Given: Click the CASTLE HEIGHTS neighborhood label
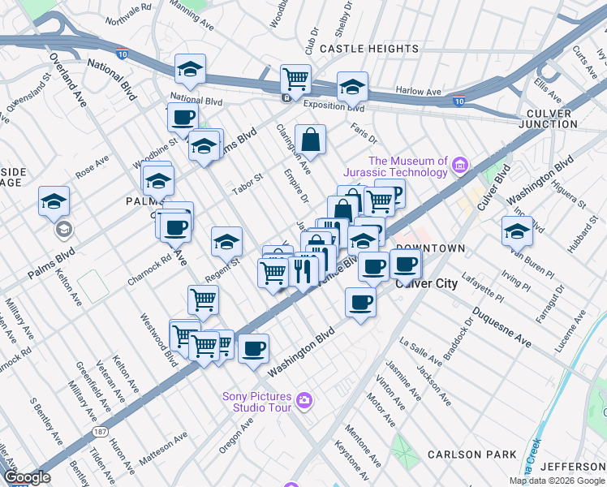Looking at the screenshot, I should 368,49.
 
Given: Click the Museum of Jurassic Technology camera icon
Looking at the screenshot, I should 460,166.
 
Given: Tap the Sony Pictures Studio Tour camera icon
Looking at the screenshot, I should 303,399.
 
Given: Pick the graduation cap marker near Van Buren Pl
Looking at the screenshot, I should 517,231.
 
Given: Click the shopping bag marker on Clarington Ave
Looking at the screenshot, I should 310,139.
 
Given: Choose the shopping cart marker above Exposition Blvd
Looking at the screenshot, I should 296,79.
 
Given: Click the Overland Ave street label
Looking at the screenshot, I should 68,81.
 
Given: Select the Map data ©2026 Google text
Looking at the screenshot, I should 556,481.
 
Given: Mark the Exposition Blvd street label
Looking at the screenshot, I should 334,106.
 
